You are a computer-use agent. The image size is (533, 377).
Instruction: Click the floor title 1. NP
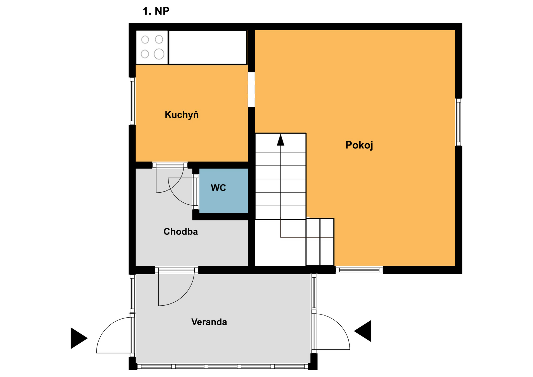point(156,11)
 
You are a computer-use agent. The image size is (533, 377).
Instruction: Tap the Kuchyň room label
point(182,115)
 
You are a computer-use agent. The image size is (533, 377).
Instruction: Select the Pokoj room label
point(359,145)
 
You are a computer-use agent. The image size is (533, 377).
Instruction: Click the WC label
point(218,188)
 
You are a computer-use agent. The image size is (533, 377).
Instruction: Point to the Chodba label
point(180,232)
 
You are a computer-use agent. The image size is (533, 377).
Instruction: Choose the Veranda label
point(209,322)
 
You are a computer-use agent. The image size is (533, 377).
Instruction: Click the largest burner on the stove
point(159,54)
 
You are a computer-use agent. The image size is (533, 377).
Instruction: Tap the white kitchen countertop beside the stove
point(208,47)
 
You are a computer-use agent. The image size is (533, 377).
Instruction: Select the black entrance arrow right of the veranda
point(363,331)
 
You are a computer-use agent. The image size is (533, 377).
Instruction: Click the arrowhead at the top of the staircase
point(281,140)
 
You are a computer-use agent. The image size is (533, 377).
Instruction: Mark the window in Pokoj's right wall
point(459,122)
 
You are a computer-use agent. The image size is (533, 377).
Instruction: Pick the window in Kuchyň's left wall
point(132,101)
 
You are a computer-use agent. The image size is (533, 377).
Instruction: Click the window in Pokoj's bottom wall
point(359,270)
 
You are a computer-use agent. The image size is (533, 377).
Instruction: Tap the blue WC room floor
point(223,191)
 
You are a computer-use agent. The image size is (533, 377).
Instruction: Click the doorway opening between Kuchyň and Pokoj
point(251,90)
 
